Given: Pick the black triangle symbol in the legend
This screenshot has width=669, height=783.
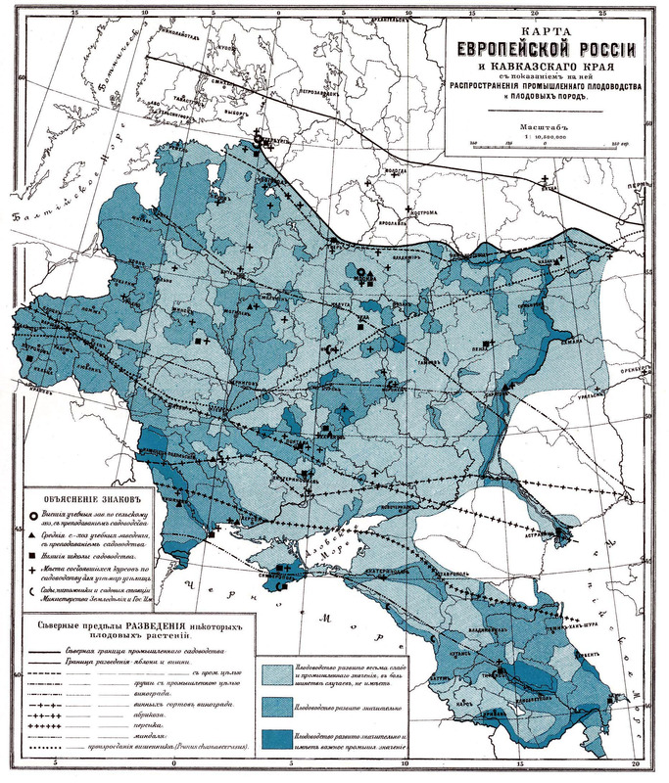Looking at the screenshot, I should [x=33, y=537].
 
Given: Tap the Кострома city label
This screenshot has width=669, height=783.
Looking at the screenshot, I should [x=394, y=210].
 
